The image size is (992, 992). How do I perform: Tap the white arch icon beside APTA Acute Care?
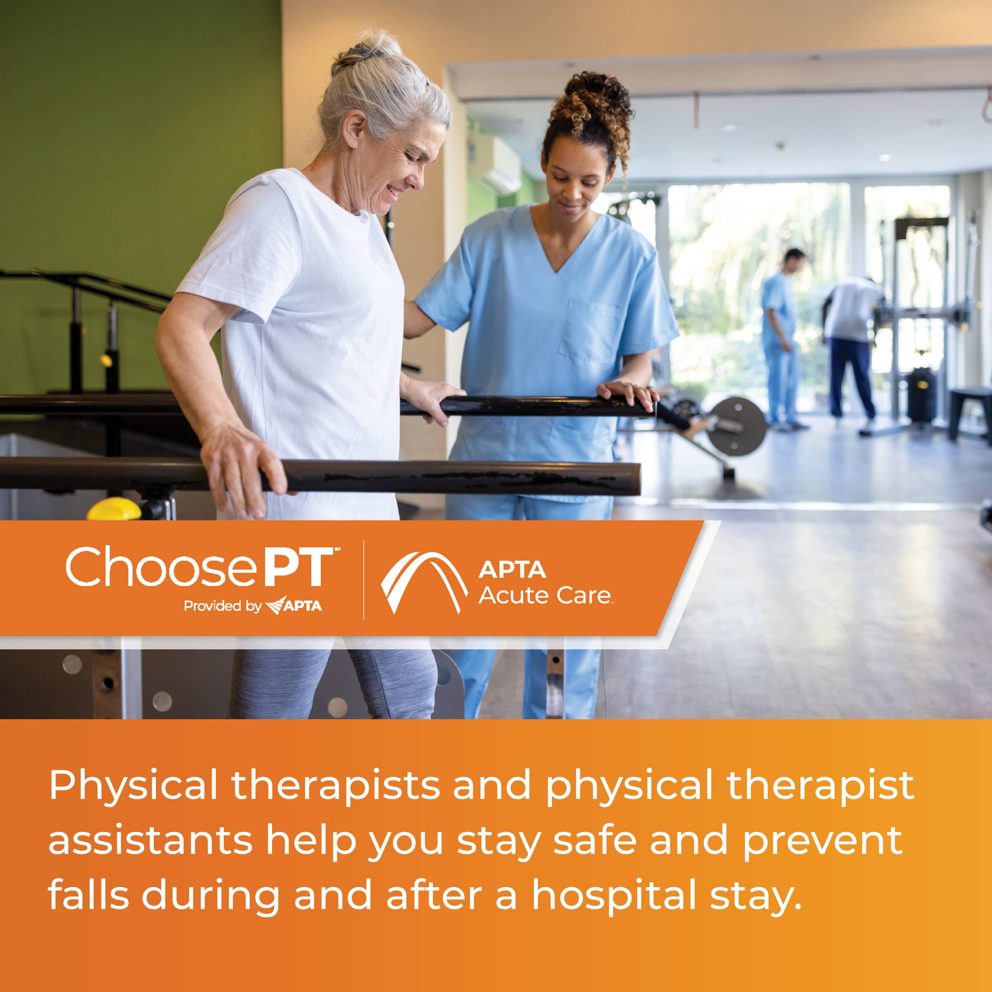pos(424,582)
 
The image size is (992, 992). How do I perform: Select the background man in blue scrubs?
pos(782,339)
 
